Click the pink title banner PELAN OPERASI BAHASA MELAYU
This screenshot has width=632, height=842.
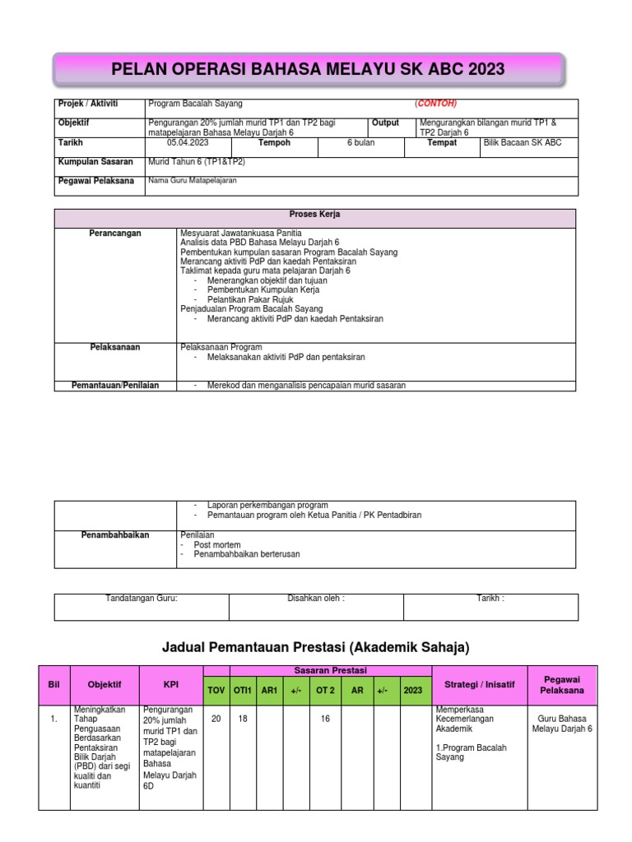[309, 69]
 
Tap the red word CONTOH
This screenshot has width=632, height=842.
[435, 104]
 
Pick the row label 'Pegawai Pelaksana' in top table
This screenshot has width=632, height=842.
[95, 181]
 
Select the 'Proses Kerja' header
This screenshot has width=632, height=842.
[315, 215]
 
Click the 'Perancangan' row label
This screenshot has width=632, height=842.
[115, 234]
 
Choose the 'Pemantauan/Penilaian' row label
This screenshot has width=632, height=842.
[115, 385]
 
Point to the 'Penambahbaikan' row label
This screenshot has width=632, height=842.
[115, 534]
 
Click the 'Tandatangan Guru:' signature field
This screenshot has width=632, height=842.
[142, 599]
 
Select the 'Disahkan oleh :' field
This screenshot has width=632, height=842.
[316, 599]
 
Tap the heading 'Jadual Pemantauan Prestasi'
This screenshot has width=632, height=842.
[316, 648]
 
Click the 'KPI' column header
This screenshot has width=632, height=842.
[171, 684]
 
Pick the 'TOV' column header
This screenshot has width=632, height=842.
[216, 691]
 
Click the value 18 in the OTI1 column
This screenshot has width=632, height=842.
[242, 719]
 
